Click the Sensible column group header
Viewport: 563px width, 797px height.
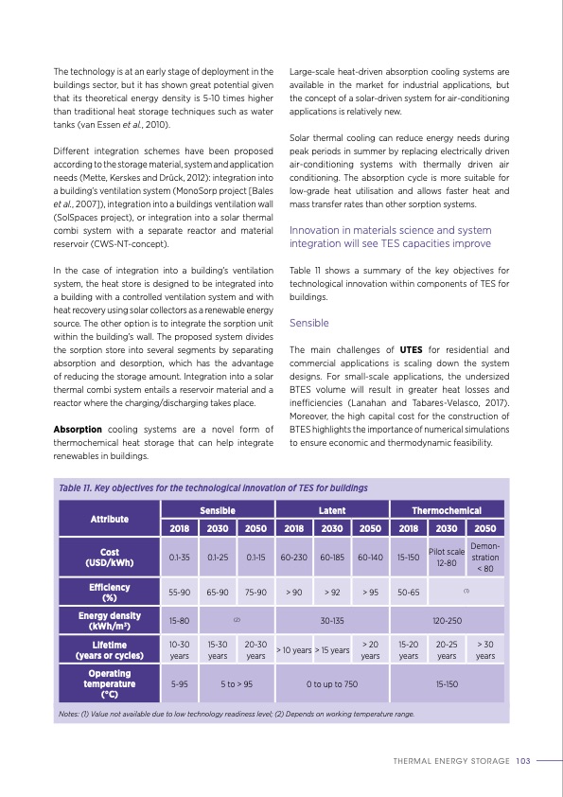coord(217,510)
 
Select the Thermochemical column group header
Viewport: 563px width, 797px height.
coord(447,510)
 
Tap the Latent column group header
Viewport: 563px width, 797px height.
coord(331,510)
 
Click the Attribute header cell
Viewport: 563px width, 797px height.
coord(109,519)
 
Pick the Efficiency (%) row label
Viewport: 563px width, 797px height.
coord(109,592)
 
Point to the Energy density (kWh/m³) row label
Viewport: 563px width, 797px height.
coord(109,621)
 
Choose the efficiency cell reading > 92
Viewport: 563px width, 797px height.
coord(331,592)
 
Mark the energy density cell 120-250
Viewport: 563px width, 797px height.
coord(447,621)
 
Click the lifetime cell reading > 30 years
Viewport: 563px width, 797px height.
coord(484,649)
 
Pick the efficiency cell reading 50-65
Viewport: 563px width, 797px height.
coord(408,592)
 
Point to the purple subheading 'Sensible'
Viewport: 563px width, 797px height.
coord(308,323)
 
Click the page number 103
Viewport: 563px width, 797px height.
coord(524,759)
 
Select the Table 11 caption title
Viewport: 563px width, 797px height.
coord(212,487)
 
